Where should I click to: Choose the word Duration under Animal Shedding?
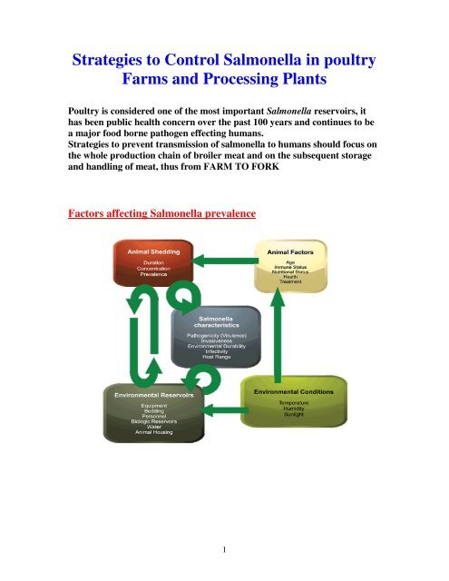coord(150,261)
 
